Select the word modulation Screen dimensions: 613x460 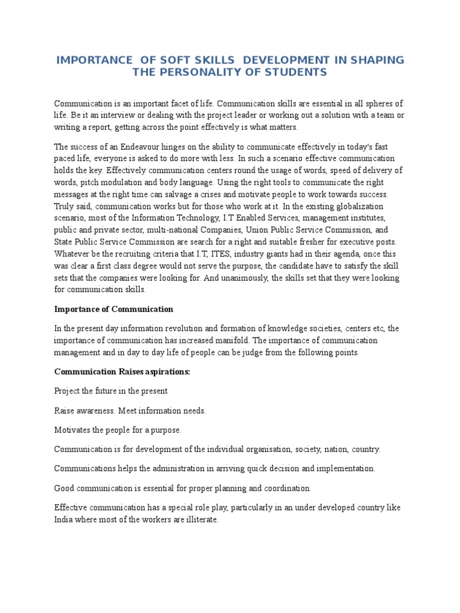125,183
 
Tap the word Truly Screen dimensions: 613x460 65,207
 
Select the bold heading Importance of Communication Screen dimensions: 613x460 114,309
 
